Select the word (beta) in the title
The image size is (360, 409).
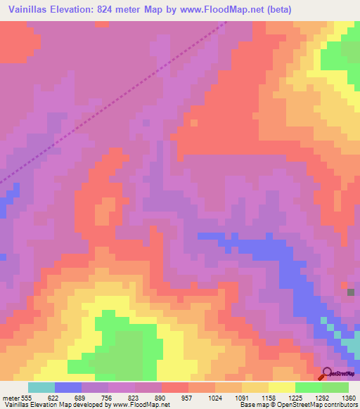pyautogui.click(x=276, y=10)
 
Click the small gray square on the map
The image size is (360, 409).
pyautogui.click(x=351, y=292)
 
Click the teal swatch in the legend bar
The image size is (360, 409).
pyautogui.click(x=41, y=387)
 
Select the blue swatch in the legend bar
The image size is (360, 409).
pyautogui.click(x=67, y=387)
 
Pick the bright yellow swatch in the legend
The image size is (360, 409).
pyautogui.click(x=281, y=387)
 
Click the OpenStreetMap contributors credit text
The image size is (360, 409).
pyautogui.click(x=323, y=405)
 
